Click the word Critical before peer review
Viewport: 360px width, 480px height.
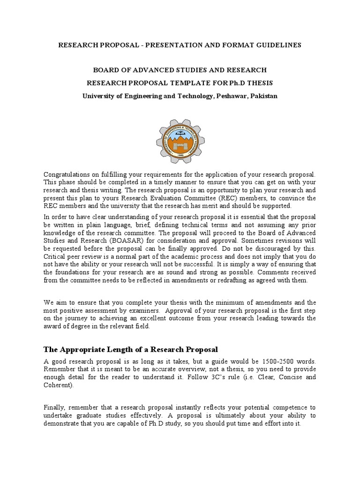pos(55,257)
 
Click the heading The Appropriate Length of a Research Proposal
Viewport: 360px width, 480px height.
pos(131,349)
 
